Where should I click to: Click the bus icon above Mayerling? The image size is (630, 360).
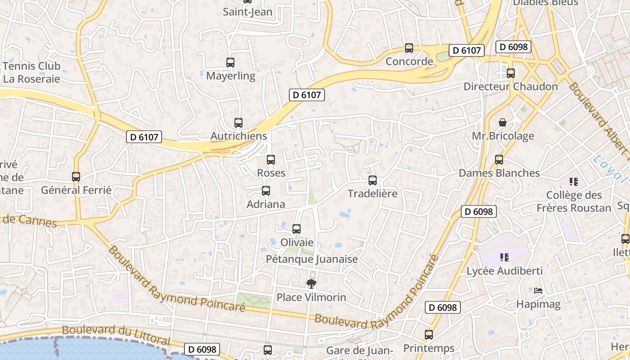pyautogui.click(x=230, y=63)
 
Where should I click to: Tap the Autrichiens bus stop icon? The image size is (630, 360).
pyautogui.click(x=238, y=122)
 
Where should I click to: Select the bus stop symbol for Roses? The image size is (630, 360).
pyautogui.click(x=271, y=160)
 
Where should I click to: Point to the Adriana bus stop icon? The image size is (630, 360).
pyautogui.click(x=266, y=191)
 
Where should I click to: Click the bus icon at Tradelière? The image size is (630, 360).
pyautogui.click(x=373, y=180)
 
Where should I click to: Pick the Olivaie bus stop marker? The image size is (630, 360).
pyautogui.click(x=297, y=229)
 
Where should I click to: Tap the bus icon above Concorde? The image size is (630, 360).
pyautogui.click(x=409, y=48)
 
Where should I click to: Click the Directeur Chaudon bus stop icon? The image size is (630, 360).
pyautogui.click(x=511, y=73)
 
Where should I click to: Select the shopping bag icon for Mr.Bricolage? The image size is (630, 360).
pyautogui.click(x=503, y=122)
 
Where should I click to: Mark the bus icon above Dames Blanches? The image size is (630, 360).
pyautogui.click(x=499, y=160)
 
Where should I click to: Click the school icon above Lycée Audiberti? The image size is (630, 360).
pyautogui.click(x=504, y=257)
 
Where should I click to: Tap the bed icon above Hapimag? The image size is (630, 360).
pyautogui.click(x=538, y=291)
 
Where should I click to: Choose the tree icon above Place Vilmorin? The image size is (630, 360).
pyautogui.click(x=310, y=283)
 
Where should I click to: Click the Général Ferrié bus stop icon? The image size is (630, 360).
pyautogui.click(x=76, y=177)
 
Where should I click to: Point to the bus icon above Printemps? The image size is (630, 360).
pyautogui.click(x=429, y=335)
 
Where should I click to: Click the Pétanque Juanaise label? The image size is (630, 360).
pyautogui.click(x=312, y=259)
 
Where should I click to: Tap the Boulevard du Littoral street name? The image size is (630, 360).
pyautogui.click(x=116, y=335)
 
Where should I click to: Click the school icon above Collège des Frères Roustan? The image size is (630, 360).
pyautogui.click(x=574, y=182)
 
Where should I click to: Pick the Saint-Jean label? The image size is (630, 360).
pyautogui.click(x=248, y=12)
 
